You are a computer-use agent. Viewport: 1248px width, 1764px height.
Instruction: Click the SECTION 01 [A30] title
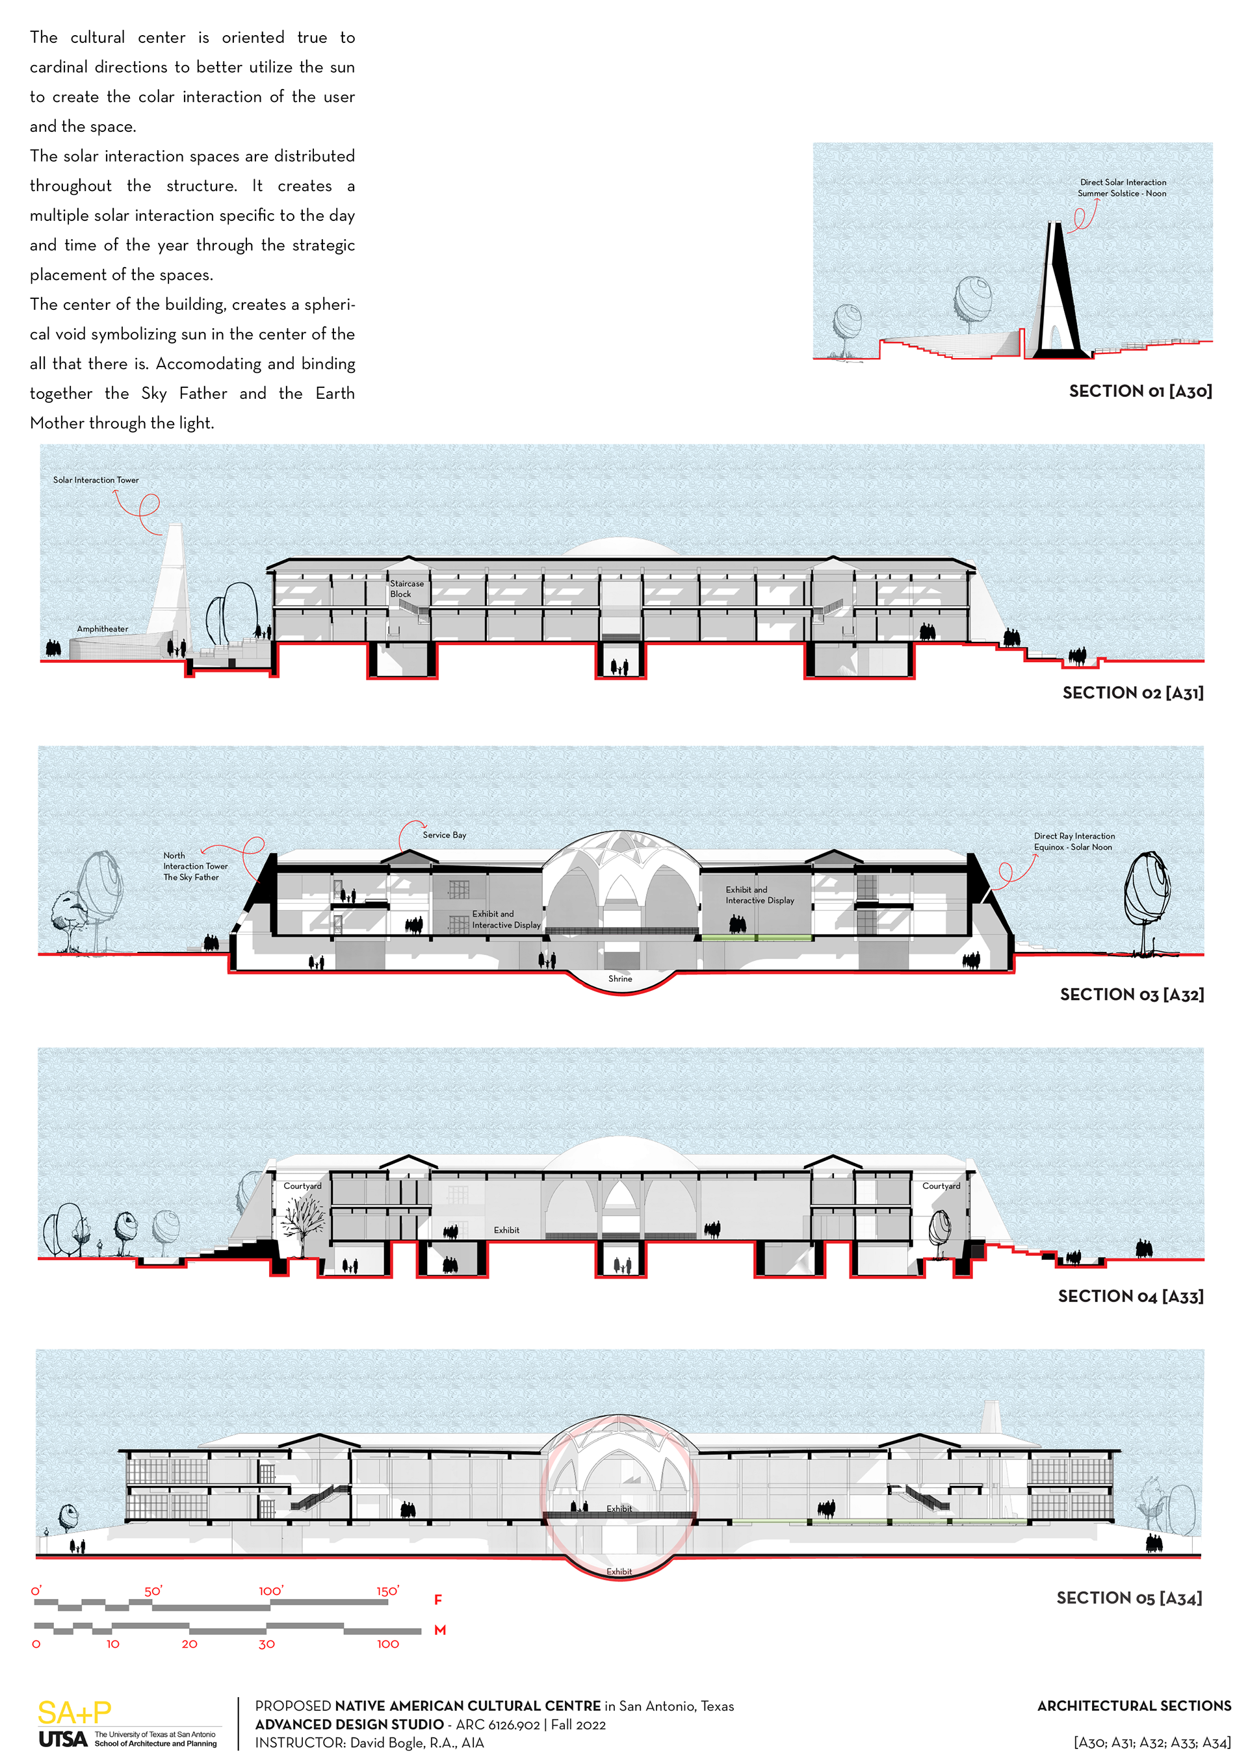(x=1140, y=391)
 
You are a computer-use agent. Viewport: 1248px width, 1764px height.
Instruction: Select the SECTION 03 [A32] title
(x=1131, y=994)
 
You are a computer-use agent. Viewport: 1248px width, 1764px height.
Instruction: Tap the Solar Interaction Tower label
(x=96, y=480)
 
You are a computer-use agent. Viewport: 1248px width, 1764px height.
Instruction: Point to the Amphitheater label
(x=102, y=629)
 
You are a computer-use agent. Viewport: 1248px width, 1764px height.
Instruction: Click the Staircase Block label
(x=406, y=589)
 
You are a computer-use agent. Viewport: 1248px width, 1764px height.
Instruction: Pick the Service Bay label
(x=444, y=835)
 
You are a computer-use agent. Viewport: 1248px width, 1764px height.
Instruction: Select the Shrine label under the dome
(x=620, y=978)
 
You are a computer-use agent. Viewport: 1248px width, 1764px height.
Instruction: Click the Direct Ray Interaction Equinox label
(x=1074, y=841)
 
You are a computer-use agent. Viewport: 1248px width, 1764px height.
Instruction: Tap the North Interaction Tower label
(x=194, y=866)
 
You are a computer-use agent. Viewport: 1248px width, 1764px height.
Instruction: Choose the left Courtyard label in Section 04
(x=303, y=1186)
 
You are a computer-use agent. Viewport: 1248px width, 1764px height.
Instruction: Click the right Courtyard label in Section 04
(x=941, y=1186)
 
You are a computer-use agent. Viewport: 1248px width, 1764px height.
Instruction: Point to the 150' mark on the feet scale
(x=387, y=1591)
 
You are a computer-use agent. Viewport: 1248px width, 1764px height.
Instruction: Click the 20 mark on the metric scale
(x=189, y=1644)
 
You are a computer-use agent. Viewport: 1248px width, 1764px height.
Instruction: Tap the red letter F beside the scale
(x=438, y=1600)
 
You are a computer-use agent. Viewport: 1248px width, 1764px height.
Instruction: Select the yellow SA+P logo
(x=75, y=1713)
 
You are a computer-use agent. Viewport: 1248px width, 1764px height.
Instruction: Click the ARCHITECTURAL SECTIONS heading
(x=1134, y=1706)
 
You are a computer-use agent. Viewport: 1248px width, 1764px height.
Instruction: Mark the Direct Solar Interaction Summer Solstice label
(x=1122, y=188)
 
